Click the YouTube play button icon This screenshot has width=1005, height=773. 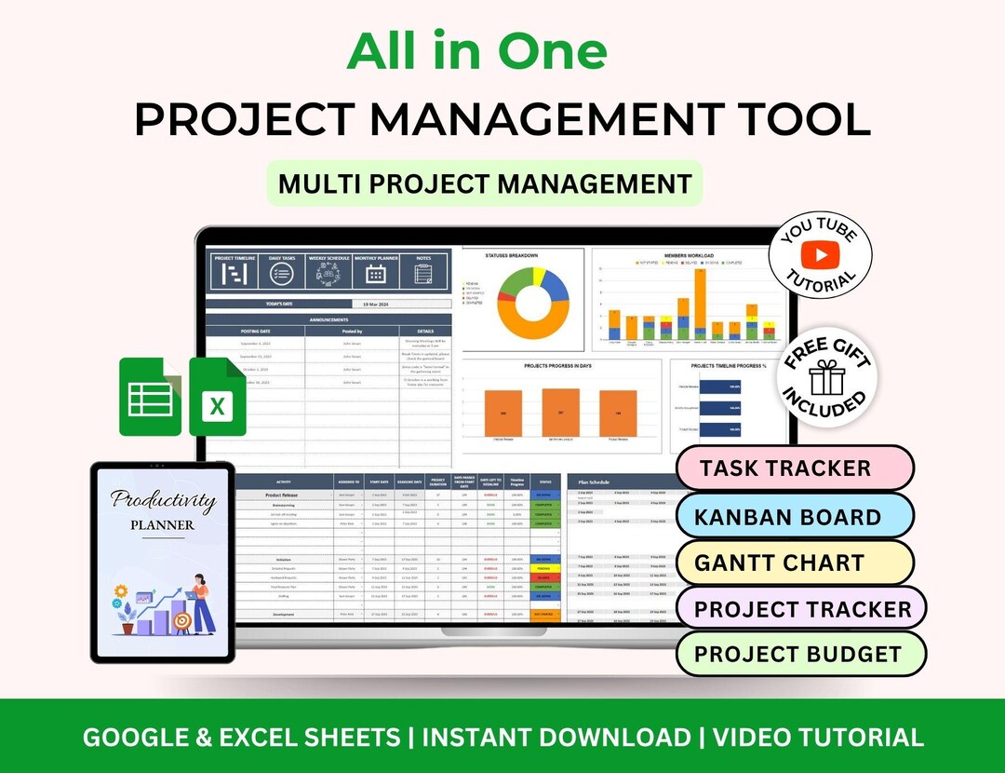pyautogui.click(x=821, y=253)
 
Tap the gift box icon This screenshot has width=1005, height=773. pyautogui.click(x=824, y=378)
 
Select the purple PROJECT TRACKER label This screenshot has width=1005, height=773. pyautogui.click(x=802, y=610)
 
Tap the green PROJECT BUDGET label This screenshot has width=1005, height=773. pyautogui.click(x=797, y=654)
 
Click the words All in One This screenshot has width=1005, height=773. pyautogui.click(x=476, y=52)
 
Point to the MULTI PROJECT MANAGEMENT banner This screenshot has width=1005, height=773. pyautogui.click(x=485, y=183)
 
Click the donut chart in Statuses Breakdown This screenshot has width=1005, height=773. pyautogui.click(x=532, y=303)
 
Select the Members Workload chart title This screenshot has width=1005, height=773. pyautogui.click(x=689, y=254)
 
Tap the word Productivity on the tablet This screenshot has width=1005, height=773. pyautogui.click(x=164, y=500)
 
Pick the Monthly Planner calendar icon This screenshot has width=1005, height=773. pyautogui.click(x=376, y=274)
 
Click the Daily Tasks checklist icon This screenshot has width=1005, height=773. pyautogui.click(x=281, y=274)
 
